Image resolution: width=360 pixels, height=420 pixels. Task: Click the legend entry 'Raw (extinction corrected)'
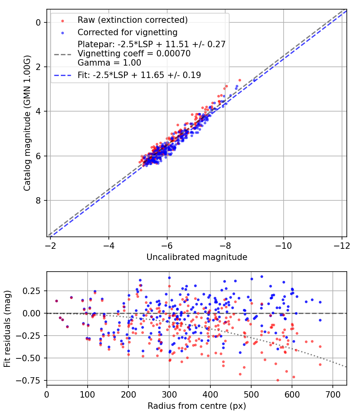pyautogui.click(x=132, y=20)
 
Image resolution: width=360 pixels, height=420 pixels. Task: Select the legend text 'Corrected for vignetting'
pyautogui.click(x=127, y=32)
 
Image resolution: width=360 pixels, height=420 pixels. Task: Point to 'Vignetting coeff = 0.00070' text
pyautogui.click(x=134, y=53)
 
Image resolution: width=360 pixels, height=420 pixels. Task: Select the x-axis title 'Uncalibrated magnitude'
pyautogui.click(x=197, y=257)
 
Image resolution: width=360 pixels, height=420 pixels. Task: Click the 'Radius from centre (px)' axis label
pyautogui.click(x=197, y=406)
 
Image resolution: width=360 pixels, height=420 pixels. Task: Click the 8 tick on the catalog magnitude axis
pyautogui.click(x=38, y=200)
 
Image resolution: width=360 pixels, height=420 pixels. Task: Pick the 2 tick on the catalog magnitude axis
pyautogui.click(x=38, y=67)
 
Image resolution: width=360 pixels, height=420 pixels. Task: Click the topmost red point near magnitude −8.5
pyautogui.click(x=240, y=80)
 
